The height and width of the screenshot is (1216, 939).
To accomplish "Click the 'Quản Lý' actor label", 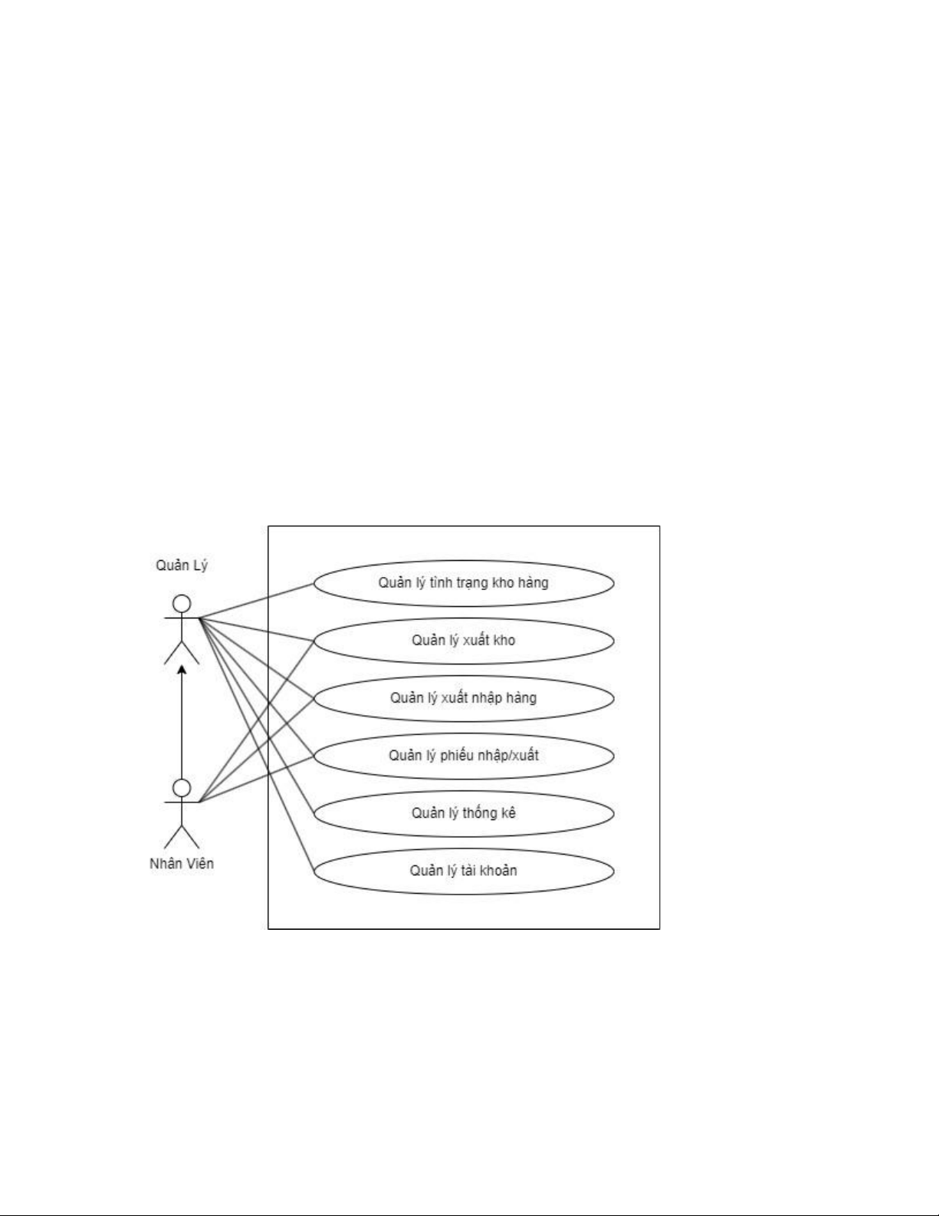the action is [x=182, y=565].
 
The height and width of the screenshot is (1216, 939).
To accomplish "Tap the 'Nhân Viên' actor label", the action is [x=182, y=863].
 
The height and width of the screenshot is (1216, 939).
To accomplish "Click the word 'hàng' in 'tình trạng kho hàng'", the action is [x=534, y=583].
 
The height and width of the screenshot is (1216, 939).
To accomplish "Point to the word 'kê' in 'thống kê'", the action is [x=508, y=813].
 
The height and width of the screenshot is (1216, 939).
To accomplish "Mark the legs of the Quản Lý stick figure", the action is [x=182, y=652].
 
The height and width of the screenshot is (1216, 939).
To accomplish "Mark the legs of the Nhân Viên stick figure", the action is [x=182, y=837].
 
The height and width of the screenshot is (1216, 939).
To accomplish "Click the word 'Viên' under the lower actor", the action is [x=199, y=863].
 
